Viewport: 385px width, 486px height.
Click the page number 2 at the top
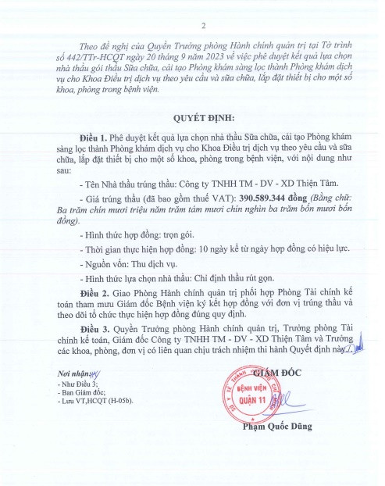click(202, 25)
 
